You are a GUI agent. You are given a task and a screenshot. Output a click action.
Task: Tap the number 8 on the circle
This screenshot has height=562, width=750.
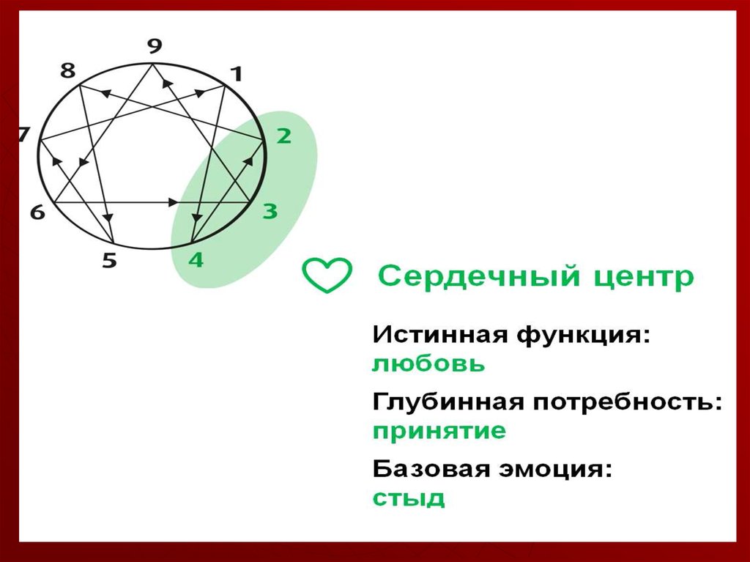click(x=67, y=71)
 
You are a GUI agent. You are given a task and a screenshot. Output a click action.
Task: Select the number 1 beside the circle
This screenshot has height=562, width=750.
click(x=235, y=73)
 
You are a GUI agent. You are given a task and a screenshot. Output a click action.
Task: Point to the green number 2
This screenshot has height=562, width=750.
click(x=283, y=136)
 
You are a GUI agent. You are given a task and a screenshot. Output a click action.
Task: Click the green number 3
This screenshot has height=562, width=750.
click(x=270, y=212)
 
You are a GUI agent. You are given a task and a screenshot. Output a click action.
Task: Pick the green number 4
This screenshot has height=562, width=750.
click(x=196, y=259)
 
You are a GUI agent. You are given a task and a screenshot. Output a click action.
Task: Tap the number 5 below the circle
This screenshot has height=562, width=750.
click(x=109, y=260)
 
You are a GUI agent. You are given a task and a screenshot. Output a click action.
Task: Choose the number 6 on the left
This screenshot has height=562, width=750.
click(x=37, y=212)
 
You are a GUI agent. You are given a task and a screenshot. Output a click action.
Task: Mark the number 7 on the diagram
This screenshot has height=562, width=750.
click(x=23, y=135)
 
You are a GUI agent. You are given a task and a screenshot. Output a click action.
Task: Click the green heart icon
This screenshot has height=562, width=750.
click(x=327, y=276)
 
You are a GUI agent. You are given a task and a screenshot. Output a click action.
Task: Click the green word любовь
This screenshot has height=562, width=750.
click(x=428, y=364)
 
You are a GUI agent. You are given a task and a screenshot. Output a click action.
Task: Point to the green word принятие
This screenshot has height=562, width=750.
click(x=439, y=432)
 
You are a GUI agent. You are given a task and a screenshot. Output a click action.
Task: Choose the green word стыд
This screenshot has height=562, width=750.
click(x=409, y=498)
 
